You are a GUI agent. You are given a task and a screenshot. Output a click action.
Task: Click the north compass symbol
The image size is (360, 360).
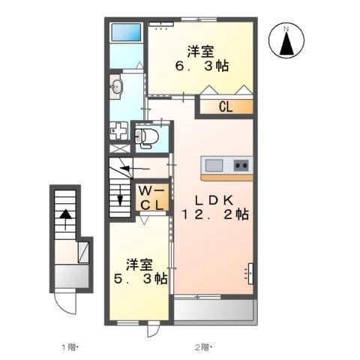click(286, 40)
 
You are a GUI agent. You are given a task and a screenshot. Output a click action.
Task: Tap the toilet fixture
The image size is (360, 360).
click(147, 137)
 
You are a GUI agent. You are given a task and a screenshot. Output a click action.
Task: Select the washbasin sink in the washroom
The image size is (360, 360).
click(116, 87)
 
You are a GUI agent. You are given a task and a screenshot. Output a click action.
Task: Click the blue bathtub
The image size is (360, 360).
click(126, 32)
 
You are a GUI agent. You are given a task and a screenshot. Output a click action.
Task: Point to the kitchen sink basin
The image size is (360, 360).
click(214, 166)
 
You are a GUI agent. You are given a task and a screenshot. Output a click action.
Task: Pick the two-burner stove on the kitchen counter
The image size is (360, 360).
click(241, 165)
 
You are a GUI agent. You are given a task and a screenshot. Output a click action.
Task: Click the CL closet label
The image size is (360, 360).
click(226, 107)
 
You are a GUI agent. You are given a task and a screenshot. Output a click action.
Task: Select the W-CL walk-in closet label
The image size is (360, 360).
click(151, 199)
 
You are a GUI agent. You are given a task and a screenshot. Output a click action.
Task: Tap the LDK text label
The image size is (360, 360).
click(214, 200)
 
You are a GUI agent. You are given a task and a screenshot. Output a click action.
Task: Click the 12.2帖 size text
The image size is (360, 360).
click(215, 214)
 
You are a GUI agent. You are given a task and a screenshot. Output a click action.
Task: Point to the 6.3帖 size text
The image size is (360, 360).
click(202, 66)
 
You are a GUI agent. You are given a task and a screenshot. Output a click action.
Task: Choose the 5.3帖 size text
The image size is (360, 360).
click(141, 278)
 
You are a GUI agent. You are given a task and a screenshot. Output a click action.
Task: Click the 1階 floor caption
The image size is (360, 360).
click(70, 347)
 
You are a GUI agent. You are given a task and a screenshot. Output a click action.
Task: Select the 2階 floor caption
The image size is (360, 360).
click(203, 347)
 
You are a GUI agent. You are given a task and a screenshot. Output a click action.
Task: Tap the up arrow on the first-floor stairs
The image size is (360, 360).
click(65, 220)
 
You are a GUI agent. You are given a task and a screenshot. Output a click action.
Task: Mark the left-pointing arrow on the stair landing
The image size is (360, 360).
click(135, 169)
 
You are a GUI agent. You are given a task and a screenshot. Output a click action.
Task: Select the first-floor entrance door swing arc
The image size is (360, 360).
click(64, 303)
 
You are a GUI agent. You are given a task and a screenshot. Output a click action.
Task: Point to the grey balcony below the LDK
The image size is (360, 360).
click(215, 310)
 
